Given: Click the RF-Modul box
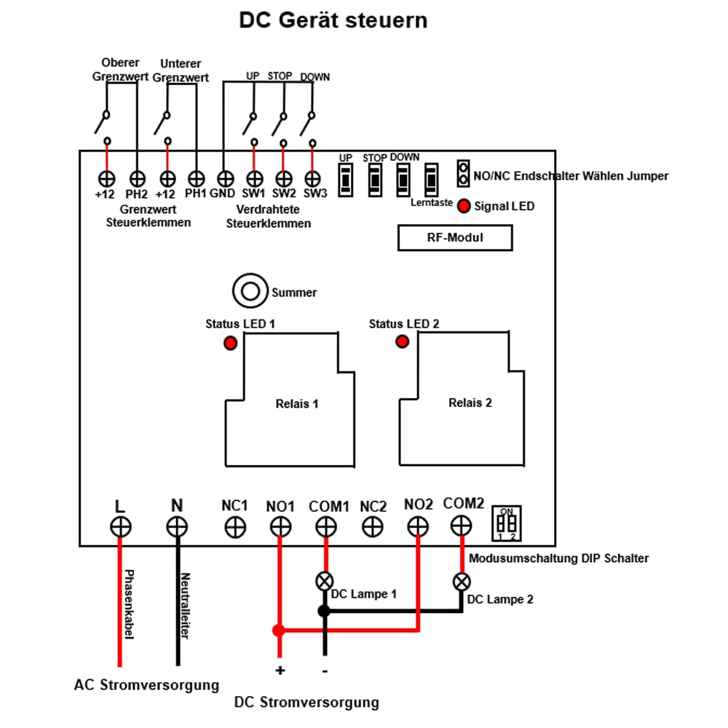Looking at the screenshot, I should pyautogui.click(x=454, y=238).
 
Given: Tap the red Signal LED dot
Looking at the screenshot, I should pyautogui.click(x=464, y=206).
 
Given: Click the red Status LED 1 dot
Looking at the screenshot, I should pyautogui.click(x=230, y=343).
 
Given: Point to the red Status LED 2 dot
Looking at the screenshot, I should pyautogui.click(x=402, y=341).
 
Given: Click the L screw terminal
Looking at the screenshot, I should pyautogui.click(x=120, y=526).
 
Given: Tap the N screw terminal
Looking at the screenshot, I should pyautogui.click(x=177, y=526).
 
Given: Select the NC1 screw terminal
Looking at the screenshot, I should pyautogui.click(x=235, y=526).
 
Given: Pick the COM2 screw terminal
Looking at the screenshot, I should pyautogui.click(x=461, y=525).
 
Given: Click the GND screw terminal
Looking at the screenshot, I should pyautogui.click(x=225, y=178).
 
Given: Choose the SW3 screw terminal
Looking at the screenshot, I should pyautogui.click(x=312, y=178).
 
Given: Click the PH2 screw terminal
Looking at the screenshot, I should pyautogui.click(x=137, y=178).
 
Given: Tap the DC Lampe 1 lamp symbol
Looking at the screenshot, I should pyautogui.click(x=325, y=581).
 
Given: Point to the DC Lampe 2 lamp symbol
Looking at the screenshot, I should pyautogui.click(x=461, y=582).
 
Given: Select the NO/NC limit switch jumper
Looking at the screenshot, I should pyautogui.click(x=462, y=173).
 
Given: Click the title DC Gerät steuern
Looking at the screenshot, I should pyautogui.click(x=333, y=20).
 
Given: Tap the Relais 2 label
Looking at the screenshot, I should pyautogui.click(x=470, y=403).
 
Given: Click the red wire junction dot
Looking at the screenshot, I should pyautogui.click(x=278, y=630).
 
